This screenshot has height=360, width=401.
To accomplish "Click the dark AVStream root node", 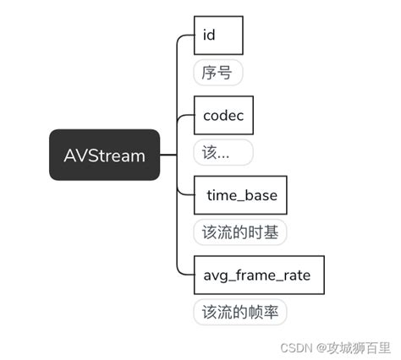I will pos(104,155).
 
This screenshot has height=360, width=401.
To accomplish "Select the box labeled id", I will pos(218,35).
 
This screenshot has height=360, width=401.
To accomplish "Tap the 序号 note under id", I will pos(217,73).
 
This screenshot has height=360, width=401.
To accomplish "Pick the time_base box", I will pos(240,195).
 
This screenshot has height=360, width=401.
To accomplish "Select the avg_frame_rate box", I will pos(258,275).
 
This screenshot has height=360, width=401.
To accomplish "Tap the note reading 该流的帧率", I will pos(240,312).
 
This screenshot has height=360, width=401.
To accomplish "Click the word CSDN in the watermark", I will pos(293,347).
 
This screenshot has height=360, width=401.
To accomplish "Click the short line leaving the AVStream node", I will pos(168,155).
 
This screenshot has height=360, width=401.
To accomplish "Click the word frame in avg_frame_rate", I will pos(259,275).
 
